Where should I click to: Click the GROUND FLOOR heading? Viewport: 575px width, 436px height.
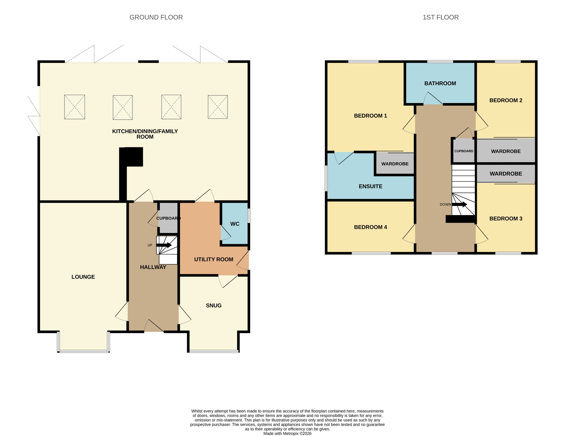156,18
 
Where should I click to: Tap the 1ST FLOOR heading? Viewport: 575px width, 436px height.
441,18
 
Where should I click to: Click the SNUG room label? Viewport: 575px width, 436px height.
214,306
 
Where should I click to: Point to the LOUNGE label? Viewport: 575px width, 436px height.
83,277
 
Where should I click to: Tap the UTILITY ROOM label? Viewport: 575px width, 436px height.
214,259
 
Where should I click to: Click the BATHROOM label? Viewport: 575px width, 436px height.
440,84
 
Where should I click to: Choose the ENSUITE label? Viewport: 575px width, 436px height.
370,186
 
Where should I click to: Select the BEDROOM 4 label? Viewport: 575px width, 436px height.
370,227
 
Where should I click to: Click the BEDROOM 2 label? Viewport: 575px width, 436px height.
506,100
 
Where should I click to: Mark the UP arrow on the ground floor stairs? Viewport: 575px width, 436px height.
164,245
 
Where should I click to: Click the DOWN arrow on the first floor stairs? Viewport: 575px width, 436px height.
460,205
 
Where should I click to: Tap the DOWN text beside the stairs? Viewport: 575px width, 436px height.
445,205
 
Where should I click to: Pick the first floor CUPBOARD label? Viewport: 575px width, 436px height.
464,151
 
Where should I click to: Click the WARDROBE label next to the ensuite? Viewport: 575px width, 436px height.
395,164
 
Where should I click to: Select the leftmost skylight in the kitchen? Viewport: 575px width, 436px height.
75,107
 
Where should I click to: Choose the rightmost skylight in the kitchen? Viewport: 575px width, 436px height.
218,107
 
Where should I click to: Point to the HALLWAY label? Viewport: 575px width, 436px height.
153,267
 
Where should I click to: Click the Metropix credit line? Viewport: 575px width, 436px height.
287,433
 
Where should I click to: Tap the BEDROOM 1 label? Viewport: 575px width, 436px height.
370,116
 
